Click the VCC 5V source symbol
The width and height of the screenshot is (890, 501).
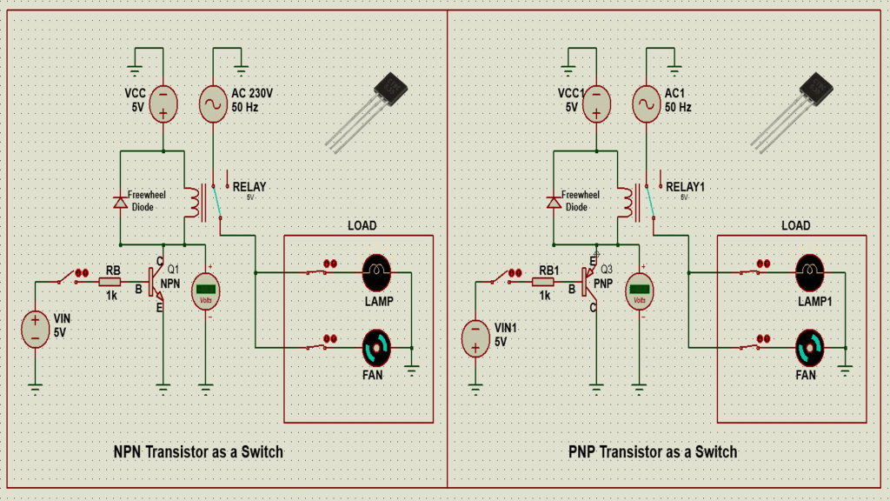[x=163, y=103]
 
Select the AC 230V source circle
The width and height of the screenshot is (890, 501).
[x=214, y=103]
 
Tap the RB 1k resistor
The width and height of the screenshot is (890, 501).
[x=110, y=282]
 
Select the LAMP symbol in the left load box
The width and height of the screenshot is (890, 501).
[x=377, y=272]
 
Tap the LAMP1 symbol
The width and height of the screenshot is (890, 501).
[x=811, y=272]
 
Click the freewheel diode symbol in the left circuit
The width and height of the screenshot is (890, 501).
[x=119, y=203]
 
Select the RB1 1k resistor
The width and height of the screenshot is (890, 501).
[x=543, y=282]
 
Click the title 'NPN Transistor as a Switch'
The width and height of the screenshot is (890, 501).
[x=198, y=452]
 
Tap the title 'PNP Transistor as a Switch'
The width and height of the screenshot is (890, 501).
[x=653, y=452]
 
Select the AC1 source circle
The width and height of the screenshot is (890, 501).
[x=646, y=103]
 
